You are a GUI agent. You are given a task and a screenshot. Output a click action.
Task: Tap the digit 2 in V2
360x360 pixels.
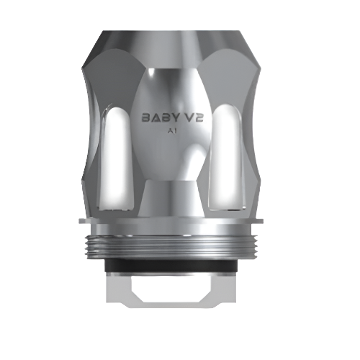[x=199, y=117]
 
